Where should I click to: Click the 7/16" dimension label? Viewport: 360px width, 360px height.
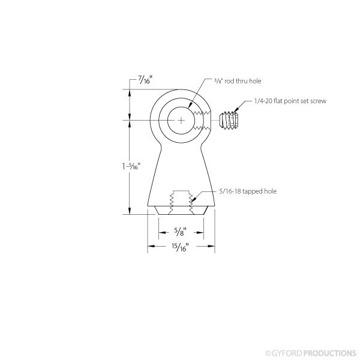click(x=145, y=80)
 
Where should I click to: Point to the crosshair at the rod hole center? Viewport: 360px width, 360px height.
click(x=181, y=120)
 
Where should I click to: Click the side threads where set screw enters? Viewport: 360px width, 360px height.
click(x=207, y=120)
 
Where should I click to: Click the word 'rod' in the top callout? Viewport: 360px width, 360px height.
click(x=227, y=80)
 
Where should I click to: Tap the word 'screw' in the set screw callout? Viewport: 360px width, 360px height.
click(x=318, y=102)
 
